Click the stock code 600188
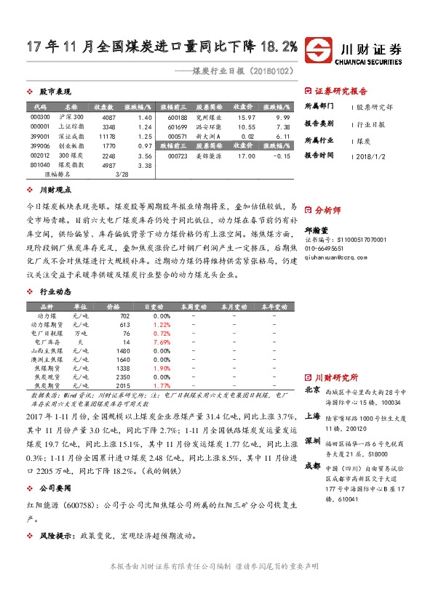click(x=178, y=117)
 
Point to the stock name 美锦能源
click(x=210, y=156)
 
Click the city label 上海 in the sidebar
click(x=312, y=416)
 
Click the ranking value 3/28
click(x=122, y=174)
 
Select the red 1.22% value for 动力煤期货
click(x=162, y=324)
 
